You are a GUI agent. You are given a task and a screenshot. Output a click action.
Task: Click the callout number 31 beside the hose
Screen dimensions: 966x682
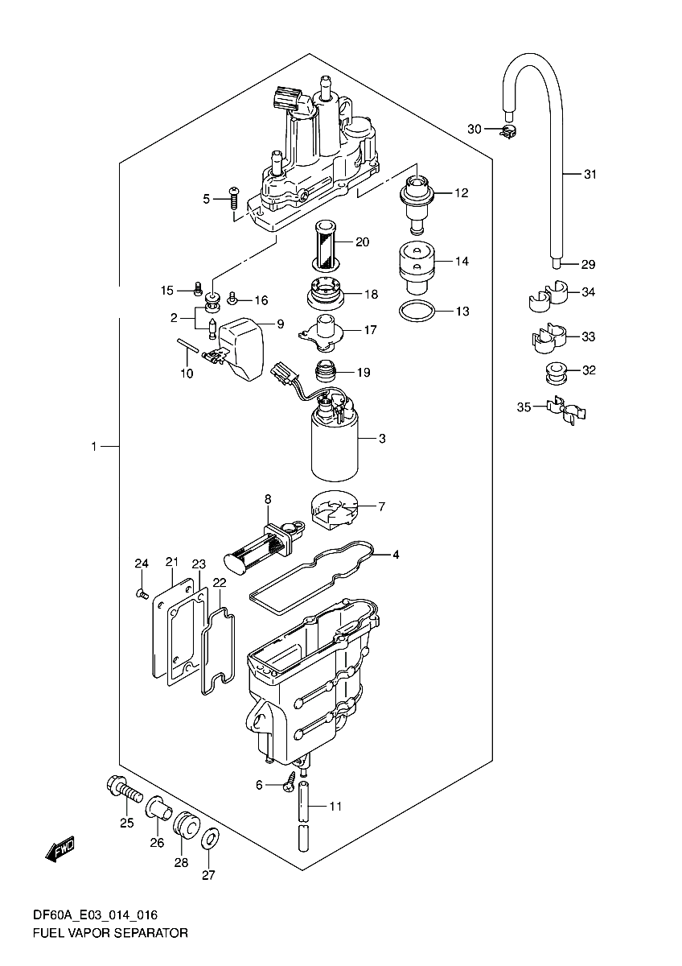(591, 175)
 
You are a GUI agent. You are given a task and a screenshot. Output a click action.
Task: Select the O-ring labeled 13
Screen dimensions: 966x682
(417, 311)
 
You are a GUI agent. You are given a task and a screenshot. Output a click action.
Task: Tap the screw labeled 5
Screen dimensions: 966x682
(234, 197)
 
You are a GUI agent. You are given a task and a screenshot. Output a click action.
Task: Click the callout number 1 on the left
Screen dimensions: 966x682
(94, 446)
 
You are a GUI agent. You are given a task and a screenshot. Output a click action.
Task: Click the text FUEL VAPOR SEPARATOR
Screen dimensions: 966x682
(110, 934)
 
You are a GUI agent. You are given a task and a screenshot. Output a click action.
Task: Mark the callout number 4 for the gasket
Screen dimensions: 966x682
(396, 555)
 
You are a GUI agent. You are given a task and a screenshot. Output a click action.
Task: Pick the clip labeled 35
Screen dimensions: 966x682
(565, 411)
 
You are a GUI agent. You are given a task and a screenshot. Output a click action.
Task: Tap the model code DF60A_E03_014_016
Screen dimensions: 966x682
(95, 915)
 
